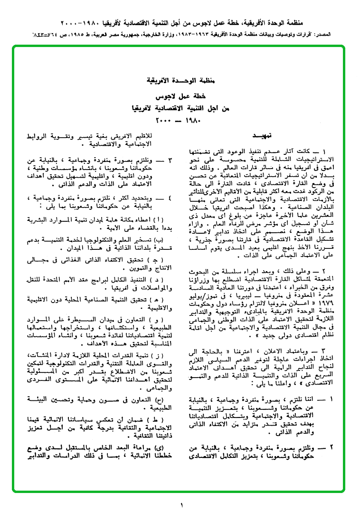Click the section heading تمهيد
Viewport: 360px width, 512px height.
coord(262,136)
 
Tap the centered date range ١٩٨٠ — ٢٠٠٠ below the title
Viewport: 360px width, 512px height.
coord(179,119)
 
